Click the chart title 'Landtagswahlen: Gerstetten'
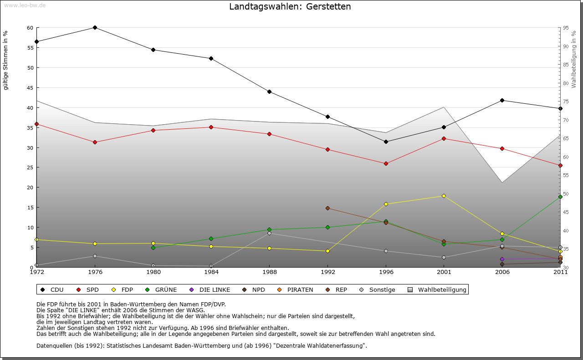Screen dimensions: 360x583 pos(290,7)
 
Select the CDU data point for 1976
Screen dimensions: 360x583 pos(95,27)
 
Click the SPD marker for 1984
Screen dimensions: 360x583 pos(211,127)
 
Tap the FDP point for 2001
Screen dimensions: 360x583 pos(444,196)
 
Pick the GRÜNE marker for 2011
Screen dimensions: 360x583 pos(560,197)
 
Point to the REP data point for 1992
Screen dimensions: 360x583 pos(327,208)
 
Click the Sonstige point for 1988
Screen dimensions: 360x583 pos(270,233)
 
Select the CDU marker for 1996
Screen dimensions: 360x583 pos(386,142)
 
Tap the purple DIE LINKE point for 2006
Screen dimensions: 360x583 pos(502,259)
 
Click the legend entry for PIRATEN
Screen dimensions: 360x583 pos(300,289)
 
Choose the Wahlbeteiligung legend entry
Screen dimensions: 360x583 pos(442,289)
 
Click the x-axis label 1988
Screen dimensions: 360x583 pos(270,272)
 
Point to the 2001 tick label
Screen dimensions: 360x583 pos(444,272)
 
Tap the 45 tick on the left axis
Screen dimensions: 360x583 pos(30,87)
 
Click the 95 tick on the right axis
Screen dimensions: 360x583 pos(566,28)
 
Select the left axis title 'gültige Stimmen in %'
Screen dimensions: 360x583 pos(6,61)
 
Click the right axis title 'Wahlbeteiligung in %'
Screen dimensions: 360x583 pos(574,60)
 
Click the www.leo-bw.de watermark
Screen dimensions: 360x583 pos(25,5)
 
